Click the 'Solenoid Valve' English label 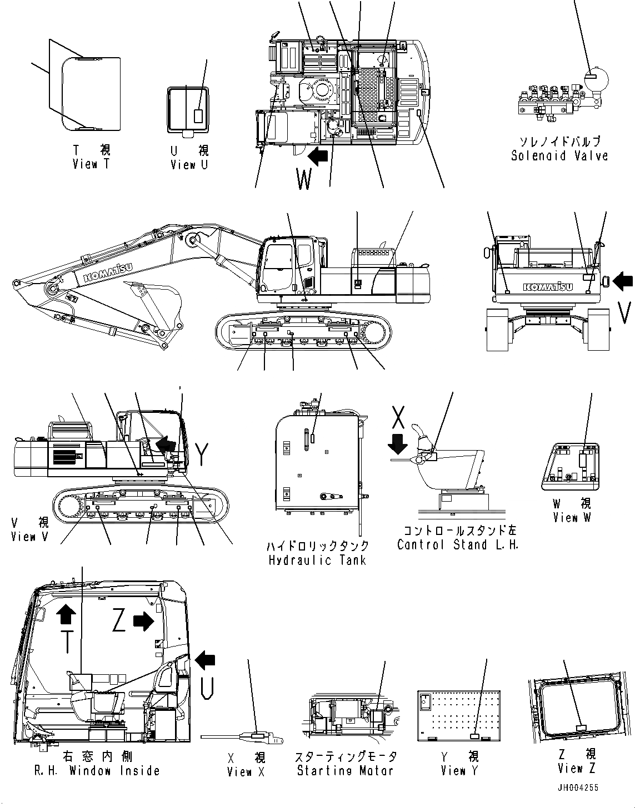click(559, 156)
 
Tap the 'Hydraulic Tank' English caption click(317, 559)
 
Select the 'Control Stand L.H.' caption click(457, 544)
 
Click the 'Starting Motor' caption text click(345, 771)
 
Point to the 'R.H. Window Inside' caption click(96, 771)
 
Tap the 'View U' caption click(189, 165)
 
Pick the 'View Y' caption click(459, 771)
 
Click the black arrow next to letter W click(318, 157)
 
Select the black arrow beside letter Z click(143, 622)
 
